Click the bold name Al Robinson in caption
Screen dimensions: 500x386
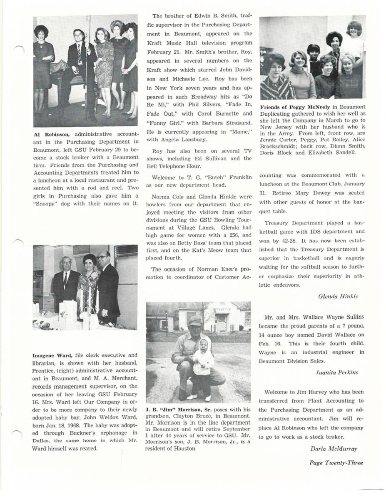[52, 134]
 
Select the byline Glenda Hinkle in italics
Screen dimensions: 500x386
[338, 297]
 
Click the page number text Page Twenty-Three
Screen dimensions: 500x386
[336, 462]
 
